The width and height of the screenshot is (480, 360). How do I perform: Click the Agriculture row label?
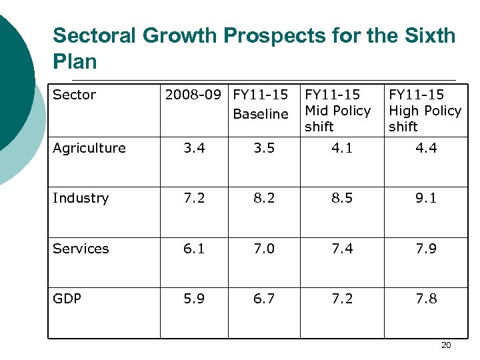pos(89,148)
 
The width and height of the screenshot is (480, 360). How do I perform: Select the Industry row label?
pos(80,198)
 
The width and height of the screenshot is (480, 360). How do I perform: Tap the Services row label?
pos(81,248)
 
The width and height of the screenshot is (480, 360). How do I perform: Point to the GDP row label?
pos(67,299)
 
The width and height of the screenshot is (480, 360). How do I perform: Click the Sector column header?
pos(74,95)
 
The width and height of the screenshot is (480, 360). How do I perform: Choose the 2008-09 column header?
pos(195,95)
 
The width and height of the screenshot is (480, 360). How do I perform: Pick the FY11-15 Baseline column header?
pos(261,104)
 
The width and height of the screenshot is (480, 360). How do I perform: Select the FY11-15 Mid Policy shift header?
pos(337,110)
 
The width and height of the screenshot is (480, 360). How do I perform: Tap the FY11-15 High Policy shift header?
pos(425,110)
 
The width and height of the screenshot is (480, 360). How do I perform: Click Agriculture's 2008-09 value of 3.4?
pos(194,148)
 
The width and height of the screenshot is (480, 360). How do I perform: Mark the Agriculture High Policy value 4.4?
pos(426,148)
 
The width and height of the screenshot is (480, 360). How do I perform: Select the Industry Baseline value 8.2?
pos(264,198)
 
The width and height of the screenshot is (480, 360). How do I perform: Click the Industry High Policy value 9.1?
pos(426,198)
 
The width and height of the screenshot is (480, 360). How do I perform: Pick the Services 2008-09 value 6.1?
pos(194,248)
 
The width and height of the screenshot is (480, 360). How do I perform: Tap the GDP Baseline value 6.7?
pos(264,299)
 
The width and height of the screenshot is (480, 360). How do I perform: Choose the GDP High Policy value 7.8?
pos(426,299)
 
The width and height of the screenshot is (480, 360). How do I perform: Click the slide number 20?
pos(446,345)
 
